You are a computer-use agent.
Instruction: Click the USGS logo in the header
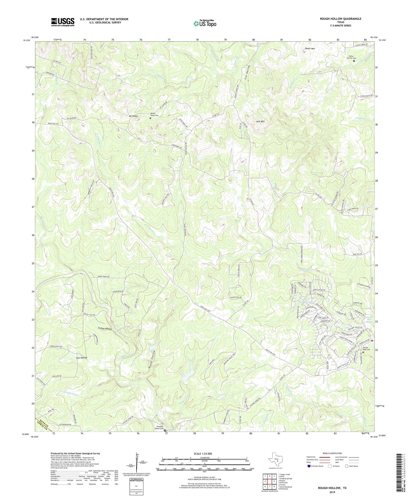tap(62, 22)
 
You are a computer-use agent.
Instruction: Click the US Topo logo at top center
tap(205, 23)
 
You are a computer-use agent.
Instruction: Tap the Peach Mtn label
tap(310, 49)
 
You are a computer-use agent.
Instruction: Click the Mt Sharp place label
tap(133, 116)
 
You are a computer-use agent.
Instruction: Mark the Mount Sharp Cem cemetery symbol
tap(151, 118)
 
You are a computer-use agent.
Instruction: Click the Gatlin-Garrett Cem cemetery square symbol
tap(354, 61)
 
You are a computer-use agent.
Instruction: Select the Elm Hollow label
tap(81, 358)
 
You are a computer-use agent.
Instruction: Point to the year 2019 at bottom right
tap(332, 492)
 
